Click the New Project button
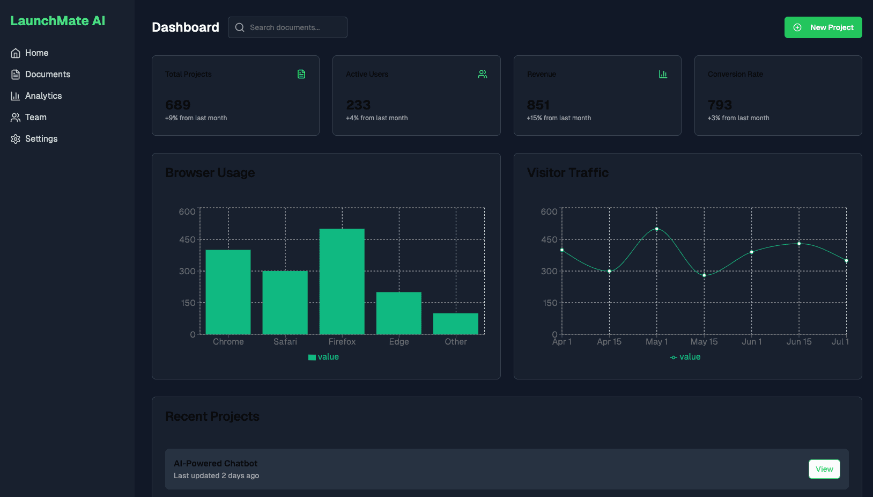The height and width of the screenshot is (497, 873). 823,27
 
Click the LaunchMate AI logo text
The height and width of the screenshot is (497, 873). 58,21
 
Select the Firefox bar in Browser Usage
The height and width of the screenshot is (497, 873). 342,281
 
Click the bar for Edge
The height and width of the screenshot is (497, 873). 399,313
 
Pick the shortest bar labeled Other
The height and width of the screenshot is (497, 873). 456,324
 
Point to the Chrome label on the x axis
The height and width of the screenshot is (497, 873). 228,342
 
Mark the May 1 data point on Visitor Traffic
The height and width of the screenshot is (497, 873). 657,229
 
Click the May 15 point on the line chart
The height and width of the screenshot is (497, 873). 704,275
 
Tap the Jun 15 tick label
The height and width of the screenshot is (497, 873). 799,342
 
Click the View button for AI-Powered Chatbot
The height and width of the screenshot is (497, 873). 824,469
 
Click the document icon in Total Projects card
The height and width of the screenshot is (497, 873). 301,74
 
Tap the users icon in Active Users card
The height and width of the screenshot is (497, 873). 483,74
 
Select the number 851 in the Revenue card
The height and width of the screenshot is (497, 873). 538,105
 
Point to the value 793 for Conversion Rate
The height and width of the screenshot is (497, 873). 720,105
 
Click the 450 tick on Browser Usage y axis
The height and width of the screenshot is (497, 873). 187,239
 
